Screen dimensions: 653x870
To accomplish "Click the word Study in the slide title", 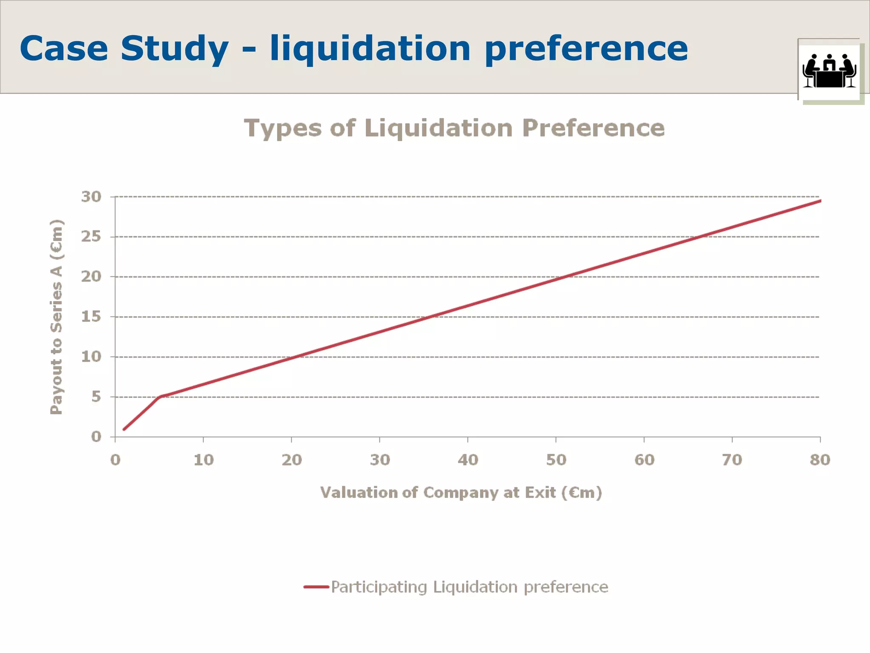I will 174,49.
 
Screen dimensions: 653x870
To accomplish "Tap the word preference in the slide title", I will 586,49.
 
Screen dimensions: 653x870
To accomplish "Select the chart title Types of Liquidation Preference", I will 454,128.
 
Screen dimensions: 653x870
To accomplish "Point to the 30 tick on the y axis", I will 91,197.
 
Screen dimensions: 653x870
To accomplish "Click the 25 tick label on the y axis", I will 91,236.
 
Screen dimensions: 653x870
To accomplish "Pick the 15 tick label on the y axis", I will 91,316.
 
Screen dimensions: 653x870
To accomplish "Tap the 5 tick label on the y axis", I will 96,396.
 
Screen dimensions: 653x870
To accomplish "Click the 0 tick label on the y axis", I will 96,437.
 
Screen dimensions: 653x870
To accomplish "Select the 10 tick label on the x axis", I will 203,460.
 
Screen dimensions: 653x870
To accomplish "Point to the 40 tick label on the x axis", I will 468,460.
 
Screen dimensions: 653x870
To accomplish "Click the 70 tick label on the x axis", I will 732,460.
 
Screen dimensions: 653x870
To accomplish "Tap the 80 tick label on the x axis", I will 819,460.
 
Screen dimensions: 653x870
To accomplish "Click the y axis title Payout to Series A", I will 56,317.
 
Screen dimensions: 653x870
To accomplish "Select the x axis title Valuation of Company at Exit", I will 461,492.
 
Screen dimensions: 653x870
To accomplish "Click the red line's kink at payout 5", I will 160,397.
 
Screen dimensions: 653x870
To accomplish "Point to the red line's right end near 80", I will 819,201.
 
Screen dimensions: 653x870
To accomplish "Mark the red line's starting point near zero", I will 124,429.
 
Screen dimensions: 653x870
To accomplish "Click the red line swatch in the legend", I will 316,587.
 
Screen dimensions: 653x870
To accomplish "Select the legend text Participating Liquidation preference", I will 469,587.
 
